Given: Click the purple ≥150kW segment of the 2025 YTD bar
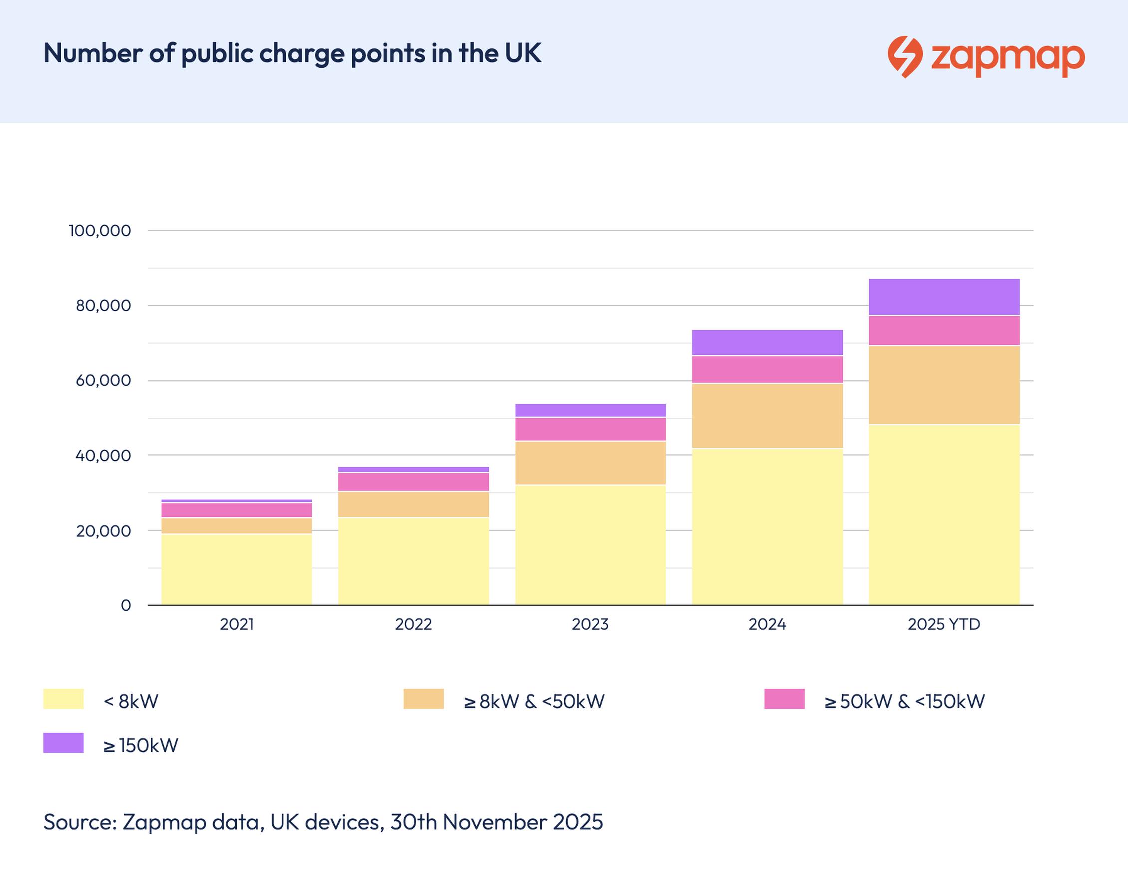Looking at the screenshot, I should click(944, 296).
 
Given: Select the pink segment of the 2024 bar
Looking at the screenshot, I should click(767, 369).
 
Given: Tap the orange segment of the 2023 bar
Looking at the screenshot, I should click(590, 463).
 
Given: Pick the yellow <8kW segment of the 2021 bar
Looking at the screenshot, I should click(237, 569).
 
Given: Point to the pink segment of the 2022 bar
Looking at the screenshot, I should click(414, 481).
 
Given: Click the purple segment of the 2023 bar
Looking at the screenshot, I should click(590, 410).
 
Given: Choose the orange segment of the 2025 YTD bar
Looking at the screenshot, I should click(944, 385).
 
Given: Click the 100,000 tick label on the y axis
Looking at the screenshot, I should click(100, 231).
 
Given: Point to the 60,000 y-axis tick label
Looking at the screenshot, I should click(103, 380).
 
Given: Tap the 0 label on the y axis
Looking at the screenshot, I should click(126, 605).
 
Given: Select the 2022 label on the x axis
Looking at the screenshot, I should click(414, 624).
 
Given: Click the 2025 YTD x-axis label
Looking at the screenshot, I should click(944, 624).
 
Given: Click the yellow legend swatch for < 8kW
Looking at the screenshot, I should click(63, 699).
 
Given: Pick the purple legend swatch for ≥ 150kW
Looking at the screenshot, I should click(63, 743).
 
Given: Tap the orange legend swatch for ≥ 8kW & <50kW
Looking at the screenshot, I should click(423, 699).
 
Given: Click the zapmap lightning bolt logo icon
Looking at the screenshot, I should click(905, 56).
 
